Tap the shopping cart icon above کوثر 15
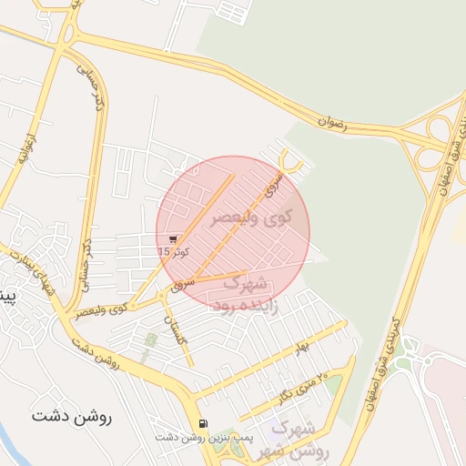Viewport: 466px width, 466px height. [x=173, y=238]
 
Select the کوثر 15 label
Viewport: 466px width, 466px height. [x=171, y=250]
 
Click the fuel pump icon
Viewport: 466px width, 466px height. [x=201, y=423]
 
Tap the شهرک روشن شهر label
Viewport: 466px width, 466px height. [x=295, y=439]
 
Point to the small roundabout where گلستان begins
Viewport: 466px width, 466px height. [x=161, y=296]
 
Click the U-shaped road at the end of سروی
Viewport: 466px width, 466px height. [x=290, y=163]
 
